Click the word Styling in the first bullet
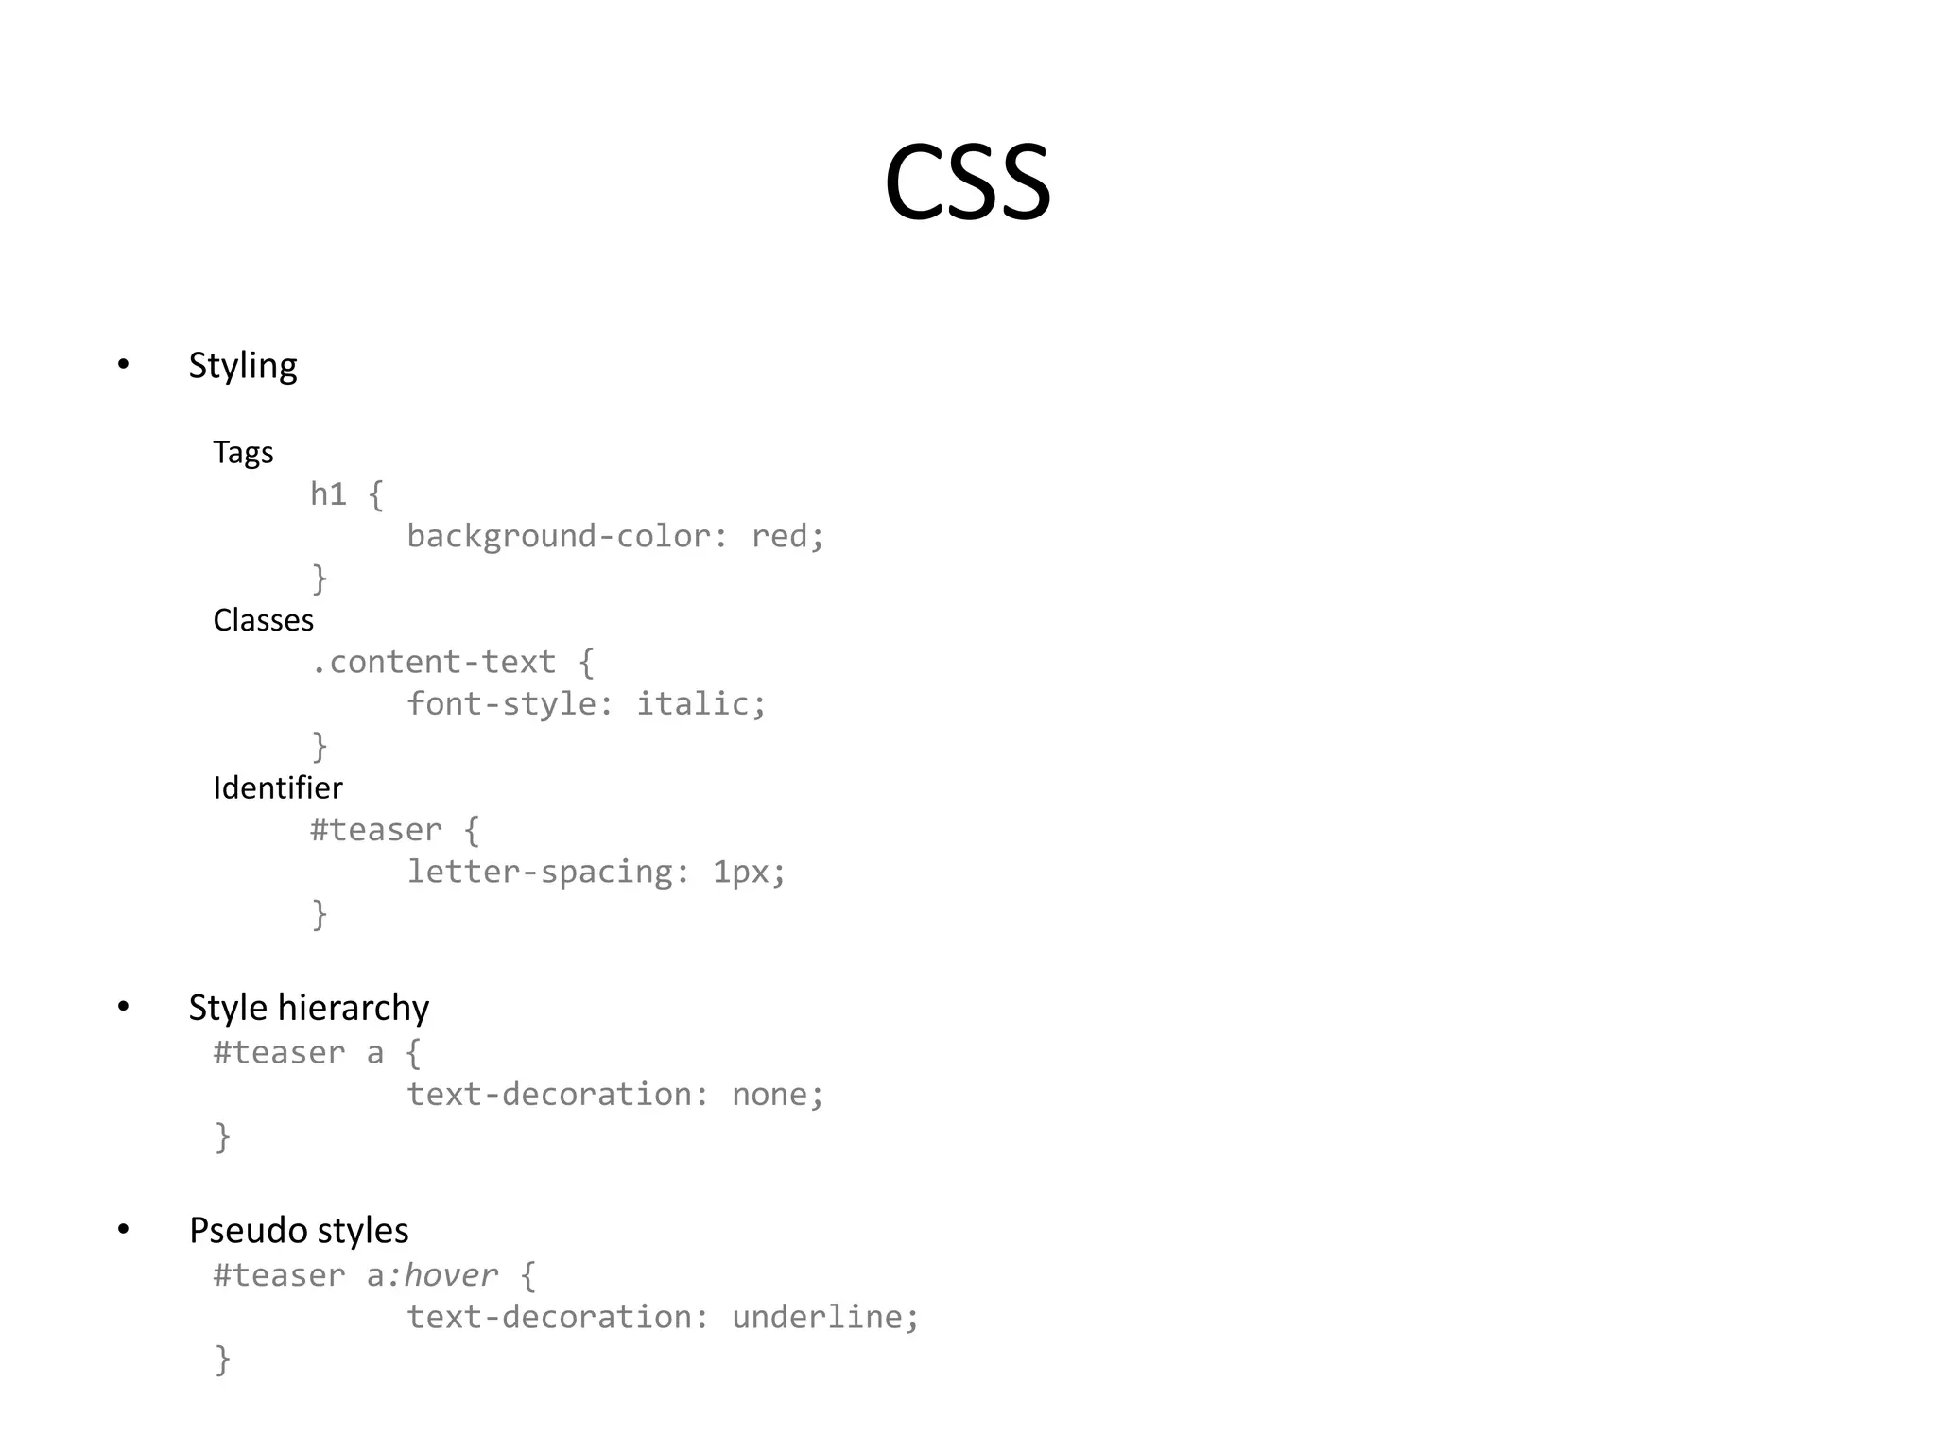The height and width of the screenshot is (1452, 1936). (x=243, y=366)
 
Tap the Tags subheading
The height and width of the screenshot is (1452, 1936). (x=243, y=453)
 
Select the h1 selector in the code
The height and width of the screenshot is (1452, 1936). (x=328, y=493)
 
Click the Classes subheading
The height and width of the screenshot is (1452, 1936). (x=263, y=620)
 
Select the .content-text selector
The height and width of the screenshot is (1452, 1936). (x=433, y=662)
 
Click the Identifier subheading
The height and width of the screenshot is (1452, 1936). (x=277, y=787)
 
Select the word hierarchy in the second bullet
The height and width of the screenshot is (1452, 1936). (x=354, y=1008)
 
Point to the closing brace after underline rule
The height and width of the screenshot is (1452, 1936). (x=222, y=1359)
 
